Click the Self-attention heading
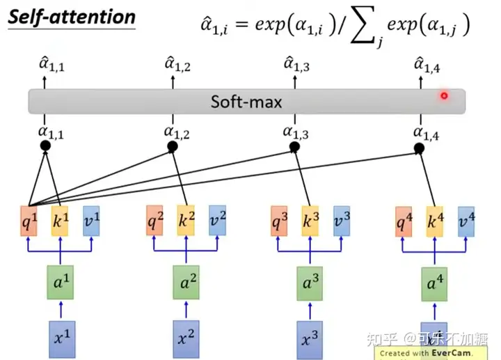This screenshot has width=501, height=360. [x=71, y=17]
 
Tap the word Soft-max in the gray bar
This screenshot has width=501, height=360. [x=247, y=102]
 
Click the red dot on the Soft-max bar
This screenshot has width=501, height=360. [x=443, y=95]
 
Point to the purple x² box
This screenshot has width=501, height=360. [x=186, y=339]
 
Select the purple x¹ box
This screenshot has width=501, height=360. [x=61, y=339]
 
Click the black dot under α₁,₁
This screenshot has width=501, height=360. [x=46, y=146]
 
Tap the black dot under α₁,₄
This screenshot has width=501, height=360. [x=419, y=148]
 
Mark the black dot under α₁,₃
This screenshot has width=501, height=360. [x=294, y=147]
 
